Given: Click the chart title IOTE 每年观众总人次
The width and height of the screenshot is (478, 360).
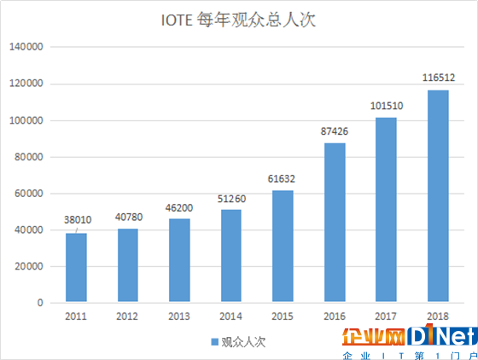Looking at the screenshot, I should point(238,20).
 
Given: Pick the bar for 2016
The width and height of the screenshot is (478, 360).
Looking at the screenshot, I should point(335,223).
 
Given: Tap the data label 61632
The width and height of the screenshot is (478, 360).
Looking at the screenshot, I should point(283,178).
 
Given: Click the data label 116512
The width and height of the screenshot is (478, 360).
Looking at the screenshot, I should point(438,78).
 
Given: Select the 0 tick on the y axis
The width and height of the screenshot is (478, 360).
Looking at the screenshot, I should point(40,303).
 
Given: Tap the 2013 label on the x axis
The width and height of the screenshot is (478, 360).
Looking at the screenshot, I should point(180,316).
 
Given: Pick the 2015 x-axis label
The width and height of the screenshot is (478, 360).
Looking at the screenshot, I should point(283,316).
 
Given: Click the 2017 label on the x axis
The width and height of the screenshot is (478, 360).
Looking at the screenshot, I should point(387,316).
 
